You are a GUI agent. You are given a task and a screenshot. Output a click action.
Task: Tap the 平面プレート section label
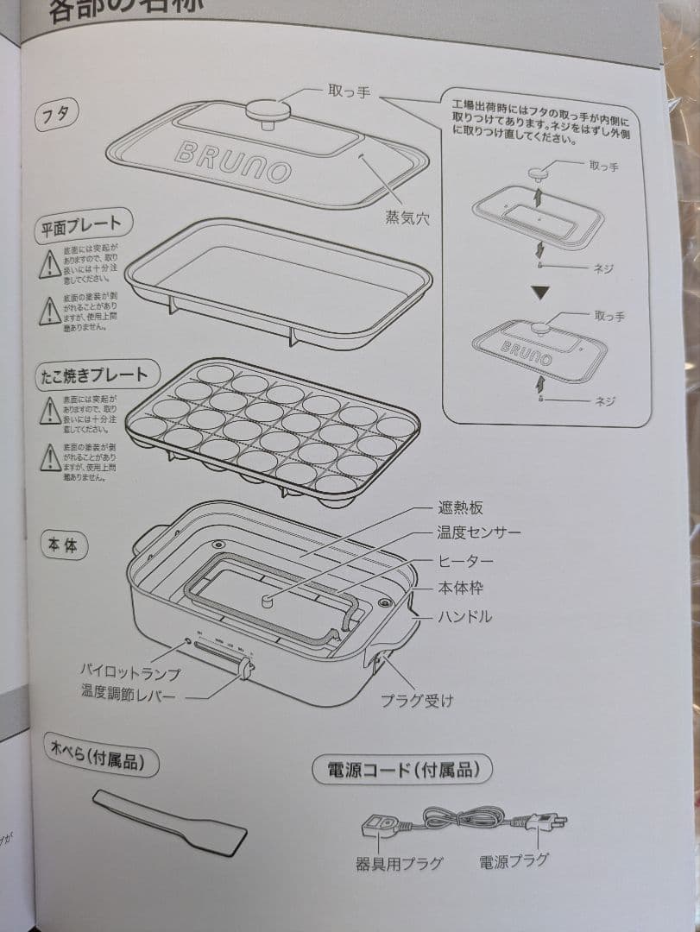click(83, 227)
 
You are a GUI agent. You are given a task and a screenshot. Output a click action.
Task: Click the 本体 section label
click(63, 545)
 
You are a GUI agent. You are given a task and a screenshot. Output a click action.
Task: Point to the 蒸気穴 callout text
click(407, 218)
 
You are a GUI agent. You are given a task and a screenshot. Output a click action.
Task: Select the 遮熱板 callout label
click(461, 507)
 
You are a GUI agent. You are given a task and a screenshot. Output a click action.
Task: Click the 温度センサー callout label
click(479, 532)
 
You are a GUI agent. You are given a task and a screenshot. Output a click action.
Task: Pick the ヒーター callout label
click(466, 562)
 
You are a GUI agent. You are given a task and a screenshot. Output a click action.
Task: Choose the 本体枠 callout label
click(460, 589)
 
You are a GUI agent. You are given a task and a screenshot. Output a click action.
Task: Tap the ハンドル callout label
click(465, 616)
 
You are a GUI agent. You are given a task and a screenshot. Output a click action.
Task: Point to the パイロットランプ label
click(130, 671)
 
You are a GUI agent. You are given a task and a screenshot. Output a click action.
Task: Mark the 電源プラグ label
click(514, 860)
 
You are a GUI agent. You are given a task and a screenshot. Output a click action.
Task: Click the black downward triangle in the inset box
click(540, 293)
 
